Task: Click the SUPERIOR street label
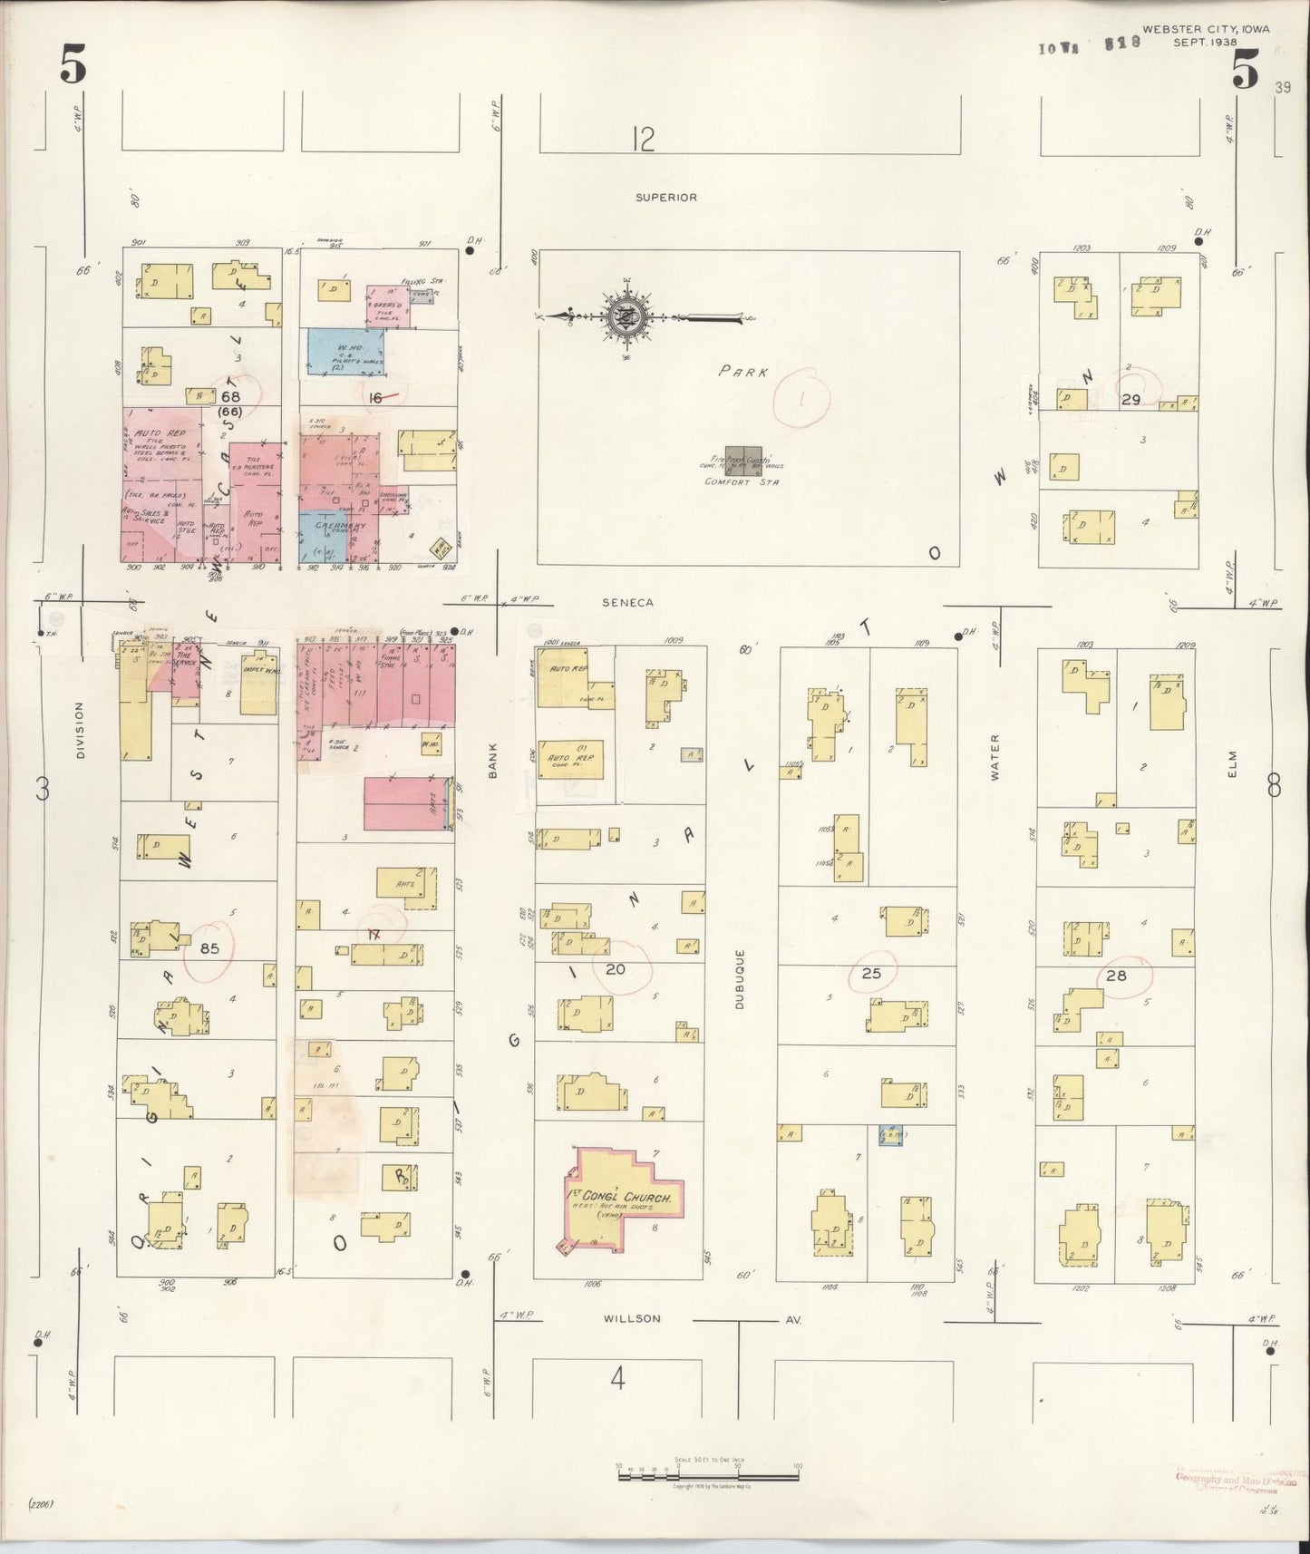click(665, 197)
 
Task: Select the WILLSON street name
click(632, 1318)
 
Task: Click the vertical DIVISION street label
click(79, 730)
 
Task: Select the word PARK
click(744, 372)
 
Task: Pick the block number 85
click(209, 949)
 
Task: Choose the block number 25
click(871, 974)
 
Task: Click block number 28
click(1116, 976)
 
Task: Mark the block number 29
click(1130, 399)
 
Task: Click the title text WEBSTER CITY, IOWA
click(1205, 29)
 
